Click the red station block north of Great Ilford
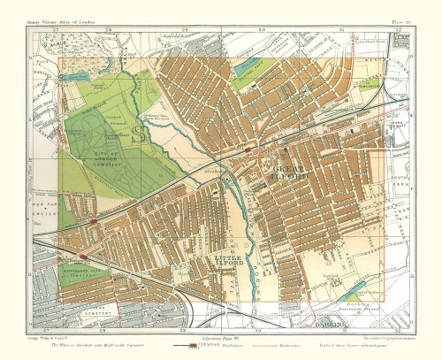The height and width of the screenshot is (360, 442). tap(248, 151)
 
